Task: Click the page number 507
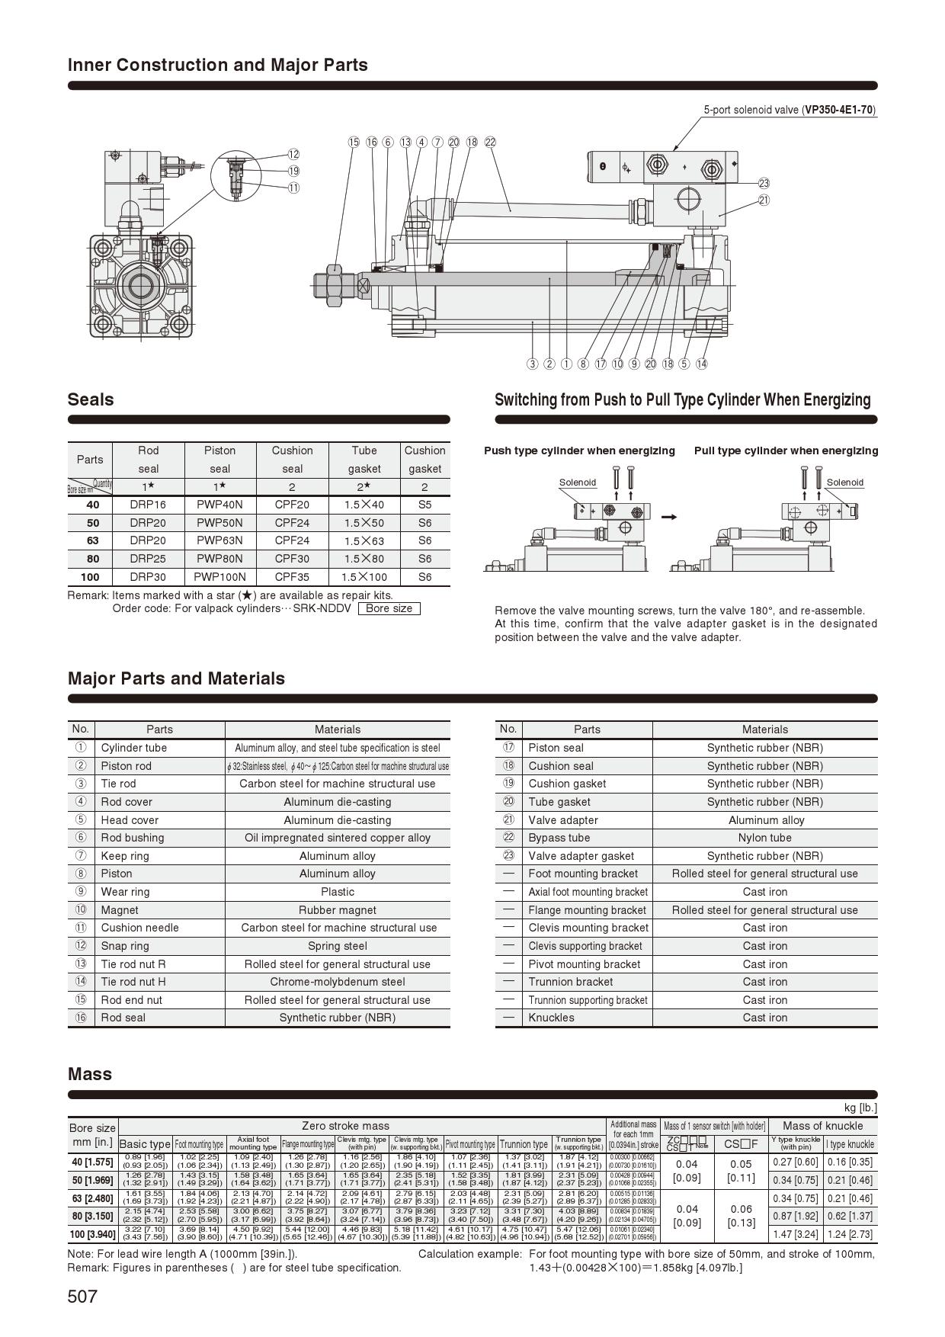click(x=82, y=1296)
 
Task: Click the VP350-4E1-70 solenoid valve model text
click(x=839, y=110)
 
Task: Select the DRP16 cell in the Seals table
click(x=148, y=505)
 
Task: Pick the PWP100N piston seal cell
click(x=219, y=577)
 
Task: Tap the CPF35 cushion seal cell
click(x=292, y=577)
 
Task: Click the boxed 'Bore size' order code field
click(x=389, y=608)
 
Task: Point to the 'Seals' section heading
click(x=91, y=399)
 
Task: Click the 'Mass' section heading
click(x=90, y=1074)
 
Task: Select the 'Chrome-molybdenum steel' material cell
click(x=337, y=982)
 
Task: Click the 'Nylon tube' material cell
click(x=764, y=838)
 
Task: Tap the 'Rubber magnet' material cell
click(x=337, y=910)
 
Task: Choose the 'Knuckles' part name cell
click(x=551, y=1018)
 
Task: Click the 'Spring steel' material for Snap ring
click(x=337, y=946)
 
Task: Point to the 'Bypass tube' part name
click(x=559, y=838)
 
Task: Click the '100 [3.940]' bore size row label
click(x=92, y=1234)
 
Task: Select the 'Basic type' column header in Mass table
click(x=145, y=1144)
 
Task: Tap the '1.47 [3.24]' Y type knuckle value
click(x=795, y=1234)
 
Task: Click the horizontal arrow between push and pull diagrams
click(x=670, y=517)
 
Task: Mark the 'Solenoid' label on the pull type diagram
click(x=844, y=483)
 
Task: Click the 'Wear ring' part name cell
click(x=125, y=892)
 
